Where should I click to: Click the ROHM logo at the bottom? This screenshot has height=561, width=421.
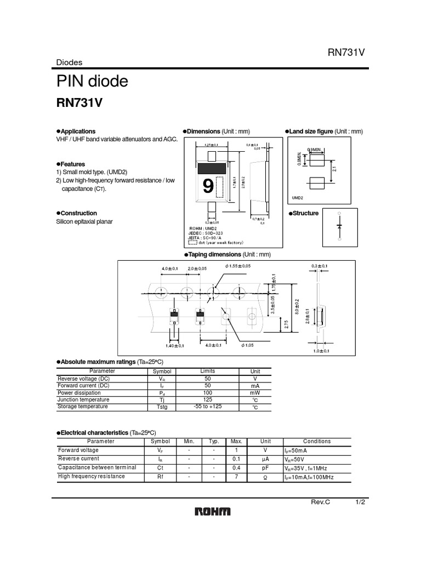(x=213, y=512)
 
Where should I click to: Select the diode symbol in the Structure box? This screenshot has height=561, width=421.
(x=339, y=226)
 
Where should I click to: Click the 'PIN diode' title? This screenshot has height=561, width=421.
(x=92, y=82)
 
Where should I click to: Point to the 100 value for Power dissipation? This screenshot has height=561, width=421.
(x=207, y=393)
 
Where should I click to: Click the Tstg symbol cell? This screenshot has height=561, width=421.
(x=162, y=407)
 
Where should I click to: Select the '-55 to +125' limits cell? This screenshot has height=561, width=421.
(x=208, y=407)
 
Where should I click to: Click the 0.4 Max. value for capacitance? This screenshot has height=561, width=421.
(x=236, y=468)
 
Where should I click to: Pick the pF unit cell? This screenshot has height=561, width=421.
(x=265, y=468)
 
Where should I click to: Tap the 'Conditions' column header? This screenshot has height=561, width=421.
(x=317, y=441)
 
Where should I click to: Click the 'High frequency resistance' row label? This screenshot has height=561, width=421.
(x=92, y=477)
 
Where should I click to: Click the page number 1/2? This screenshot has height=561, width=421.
(x=360, y=502)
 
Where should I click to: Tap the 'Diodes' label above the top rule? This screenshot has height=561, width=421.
(x=68, y=61)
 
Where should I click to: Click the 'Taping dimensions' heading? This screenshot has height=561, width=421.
(x=214, y=255)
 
